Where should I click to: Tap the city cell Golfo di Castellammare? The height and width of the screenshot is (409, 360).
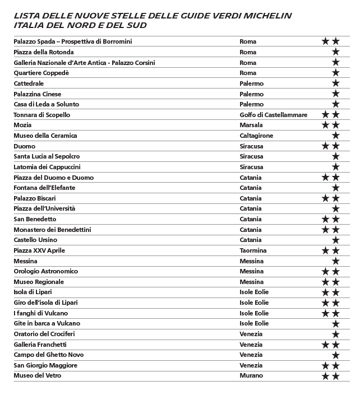pos(273,115)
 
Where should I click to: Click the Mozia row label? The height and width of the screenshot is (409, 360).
pos(22,125)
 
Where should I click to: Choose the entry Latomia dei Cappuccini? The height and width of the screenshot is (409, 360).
pos(47,167)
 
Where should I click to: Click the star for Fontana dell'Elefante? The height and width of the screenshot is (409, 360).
pos(335,188)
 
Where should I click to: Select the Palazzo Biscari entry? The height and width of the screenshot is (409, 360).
pos(35,198)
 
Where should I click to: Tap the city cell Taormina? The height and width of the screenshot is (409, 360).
pos(253,250)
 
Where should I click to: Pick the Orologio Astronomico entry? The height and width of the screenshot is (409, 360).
pos(46,271)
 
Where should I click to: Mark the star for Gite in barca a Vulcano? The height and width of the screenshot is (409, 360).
pos(335,323)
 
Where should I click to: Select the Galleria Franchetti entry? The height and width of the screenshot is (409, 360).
pos(40,345)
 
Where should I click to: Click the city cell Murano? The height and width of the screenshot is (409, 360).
pos(251,375)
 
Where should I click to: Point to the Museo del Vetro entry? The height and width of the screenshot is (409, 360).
pos(38,375)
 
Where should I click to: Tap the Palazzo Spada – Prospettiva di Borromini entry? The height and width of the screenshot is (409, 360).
pos(73,41)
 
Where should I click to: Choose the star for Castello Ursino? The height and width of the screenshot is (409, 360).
pos(335,240)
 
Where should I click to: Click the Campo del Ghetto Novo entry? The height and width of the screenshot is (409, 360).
pos(49,355)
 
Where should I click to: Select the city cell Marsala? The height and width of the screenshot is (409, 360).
pos(251,125)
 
